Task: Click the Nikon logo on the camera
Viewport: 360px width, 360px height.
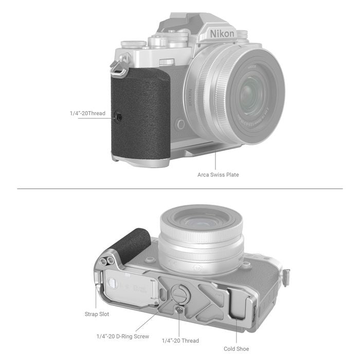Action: click(x=222, y=34)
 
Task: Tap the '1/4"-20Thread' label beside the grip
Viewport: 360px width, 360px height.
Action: click(x=87, y=113)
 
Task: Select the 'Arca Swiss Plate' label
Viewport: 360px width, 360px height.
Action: click(x=218, y=174)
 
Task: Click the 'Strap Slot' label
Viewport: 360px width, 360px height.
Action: click(x=97, y=313)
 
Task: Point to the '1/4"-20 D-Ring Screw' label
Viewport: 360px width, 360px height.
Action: click(x=123, y=336)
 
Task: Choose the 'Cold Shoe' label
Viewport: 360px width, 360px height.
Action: click(x=237, y=349)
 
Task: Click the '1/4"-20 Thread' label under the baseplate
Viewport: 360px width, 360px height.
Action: click(x=180, y=340)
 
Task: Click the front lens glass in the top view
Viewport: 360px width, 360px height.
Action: click(x=252, y=95)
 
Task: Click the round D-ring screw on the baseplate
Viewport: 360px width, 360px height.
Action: click(x=177, y=294)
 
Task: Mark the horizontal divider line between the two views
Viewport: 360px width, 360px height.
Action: click(x=180, y=189)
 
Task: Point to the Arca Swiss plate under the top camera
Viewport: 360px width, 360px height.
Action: click(x=206, y=151)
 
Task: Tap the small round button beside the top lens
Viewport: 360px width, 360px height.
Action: click(x=179, y=124)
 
